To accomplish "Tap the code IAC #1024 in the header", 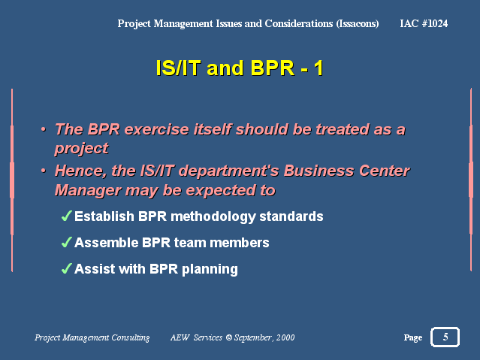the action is click(424, 23).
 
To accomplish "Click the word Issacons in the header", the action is click(358, 23).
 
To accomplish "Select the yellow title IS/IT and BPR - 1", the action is click(240, 68).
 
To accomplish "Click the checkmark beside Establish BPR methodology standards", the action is click(67, 216).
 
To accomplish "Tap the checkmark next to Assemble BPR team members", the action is click(67, 242).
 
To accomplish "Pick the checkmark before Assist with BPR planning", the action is click(67, 268).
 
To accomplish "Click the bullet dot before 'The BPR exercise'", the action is click(44, 129).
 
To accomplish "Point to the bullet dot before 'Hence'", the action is click(44, 171).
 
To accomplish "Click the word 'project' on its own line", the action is click(81, 149).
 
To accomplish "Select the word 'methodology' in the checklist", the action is click(213, 217).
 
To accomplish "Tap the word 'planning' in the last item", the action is click(210, 270).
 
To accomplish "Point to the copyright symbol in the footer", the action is click(229, 337).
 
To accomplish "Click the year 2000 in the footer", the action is click(285, 337).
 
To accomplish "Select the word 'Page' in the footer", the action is click(413, 337).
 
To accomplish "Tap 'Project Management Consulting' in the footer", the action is click(92, 337).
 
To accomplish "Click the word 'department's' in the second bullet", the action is click(228, 171).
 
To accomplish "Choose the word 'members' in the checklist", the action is click(240, 243).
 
